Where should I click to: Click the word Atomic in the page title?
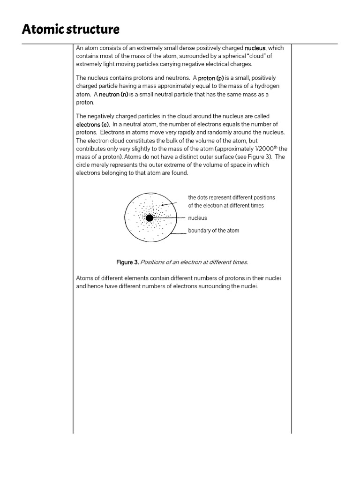40,30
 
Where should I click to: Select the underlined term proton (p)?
211,78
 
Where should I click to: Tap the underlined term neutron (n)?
113,94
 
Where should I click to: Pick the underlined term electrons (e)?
93,124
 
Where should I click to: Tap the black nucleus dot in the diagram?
150,218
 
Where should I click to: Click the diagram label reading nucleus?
197,218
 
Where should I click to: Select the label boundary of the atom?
213,231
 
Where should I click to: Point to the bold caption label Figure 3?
127,262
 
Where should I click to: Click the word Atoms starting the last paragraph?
85,278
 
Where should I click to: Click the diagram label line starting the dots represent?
232,197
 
